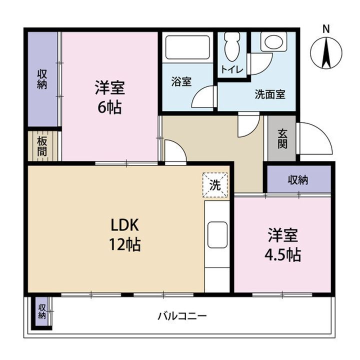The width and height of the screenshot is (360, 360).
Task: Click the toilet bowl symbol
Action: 232,47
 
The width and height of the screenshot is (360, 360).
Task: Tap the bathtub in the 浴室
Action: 187,47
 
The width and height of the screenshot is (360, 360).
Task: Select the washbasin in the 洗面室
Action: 273,41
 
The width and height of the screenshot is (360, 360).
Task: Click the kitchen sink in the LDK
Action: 217,234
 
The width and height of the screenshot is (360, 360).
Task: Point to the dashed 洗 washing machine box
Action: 215,185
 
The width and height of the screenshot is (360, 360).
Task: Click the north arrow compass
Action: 326,52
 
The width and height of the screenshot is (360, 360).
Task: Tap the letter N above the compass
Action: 326,29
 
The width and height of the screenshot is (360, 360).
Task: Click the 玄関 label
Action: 282,138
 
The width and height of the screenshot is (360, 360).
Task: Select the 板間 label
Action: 42,146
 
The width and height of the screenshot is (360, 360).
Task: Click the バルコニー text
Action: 182,316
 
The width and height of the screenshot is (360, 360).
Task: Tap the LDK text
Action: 124,225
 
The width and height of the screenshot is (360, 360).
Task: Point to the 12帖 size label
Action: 124,244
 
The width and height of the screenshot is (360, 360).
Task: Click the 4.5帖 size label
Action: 283,254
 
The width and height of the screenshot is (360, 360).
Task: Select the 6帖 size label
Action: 109,107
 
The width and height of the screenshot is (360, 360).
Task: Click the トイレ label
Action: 232,69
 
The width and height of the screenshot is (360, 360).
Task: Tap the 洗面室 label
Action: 270,94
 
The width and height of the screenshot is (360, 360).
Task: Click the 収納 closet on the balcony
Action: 42,311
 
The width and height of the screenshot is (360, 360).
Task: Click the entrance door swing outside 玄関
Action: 314,138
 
